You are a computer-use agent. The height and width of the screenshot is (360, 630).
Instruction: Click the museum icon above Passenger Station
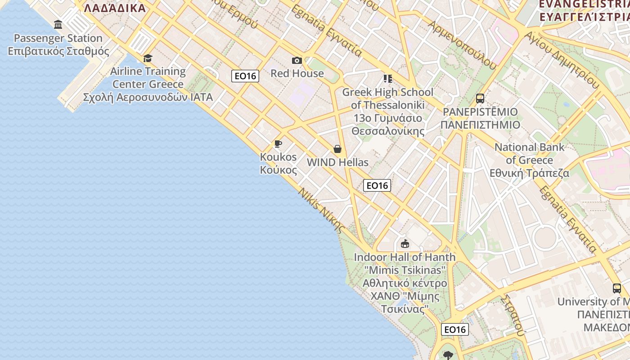[x=58, y=24]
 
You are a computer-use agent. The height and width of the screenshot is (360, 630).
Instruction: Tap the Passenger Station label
[x=58, y=45]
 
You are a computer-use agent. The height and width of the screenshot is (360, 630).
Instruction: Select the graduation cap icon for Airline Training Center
[x=148, y=58]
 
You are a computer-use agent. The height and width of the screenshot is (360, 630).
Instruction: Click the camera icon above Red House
[x=297, y=60]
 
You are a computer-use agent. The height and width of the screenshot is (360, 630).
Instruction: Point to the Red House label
[x=297, y=73]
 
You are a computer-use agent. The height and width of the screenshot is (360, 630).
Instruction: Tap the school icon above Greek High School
[x=388, y=79]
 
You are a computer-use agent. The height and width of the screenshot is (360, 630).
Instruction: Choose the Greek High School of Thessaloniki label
[x=388, y=112]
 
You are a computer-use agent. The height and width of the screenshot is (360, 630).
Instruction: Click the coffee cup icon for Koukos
[x=278, y=144]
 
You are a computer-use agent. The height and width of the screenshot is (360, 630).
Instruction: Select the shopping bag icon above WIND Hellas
[x=337, y=149]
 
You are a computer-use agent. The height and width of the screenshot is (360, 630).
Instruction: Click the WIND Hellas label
[x=337, y=162]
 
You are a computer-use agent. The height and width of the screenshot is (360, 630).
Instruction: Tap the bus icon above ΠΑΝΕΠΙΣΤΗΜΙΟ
[x=480, y=98]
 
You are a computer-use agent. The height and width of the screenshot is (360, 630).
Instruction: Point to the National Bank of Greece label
[x=529, y=160]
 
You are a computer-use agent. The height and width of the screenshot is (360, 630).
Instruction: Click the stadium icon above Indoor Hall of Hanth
[x=405, y=244]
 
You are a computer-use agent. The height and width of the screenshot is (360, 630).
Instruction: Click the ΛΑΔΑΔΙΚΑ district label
[x=115, y=8]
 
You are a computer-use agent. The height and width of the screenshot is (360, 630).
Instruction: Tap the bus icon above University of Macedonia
[x=617, y=288]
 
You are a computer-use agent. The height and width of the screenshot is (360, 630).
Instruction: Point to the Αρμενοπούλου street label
[x=463, y=45]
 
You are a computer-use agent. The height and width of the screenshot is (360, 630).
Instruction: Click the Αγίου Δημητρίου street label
[x=562, y=60]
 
